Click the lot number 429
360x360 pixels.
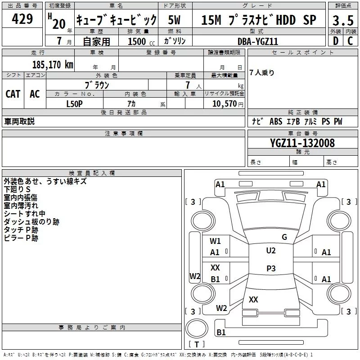22,18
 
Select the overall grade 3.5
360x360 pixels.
343,20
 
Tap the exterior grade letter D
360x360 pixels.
336,41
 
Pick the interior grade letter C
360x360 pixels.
350,41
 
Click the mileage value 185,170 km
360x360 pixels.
53,64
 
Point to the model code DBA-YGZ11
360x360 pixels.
258,41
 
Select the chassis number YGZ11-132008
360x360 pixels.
302,143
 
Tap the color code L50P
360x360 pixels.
74,104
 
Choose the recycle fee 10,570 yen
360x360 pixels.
228,104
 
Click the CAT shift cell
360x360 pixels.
13,94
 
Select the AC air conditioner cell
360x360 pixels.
35,94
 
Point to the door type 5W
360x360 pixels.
174,20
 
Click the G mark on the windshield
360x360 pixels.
284,237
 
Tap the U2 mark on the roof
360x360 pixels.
271,251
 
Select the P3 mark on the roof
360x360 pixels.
271,268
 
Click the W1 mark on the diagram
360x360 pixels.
215,241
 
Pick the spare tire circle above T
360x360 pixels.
197,328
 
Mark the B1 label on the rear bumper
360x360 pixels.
221,332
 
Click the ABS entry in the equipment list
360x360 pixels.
276,121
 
